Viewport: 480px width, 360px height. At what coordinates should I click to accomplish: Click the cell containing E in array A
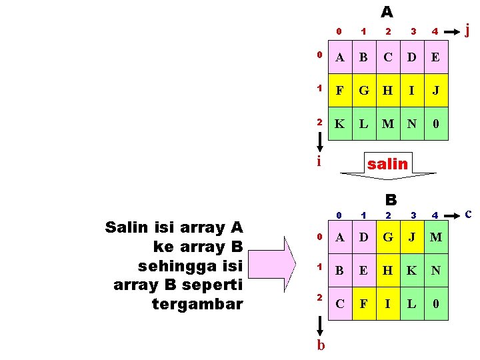coord(435,58)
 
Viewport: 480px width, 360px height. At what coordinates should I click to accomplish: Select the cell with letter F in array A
coord(340,91)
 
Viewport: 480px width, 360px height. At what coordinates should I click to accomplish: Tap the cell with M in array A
coord(388,123)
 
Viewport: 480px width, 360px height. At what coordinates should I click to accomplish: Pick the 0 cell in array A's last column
coord(435,123)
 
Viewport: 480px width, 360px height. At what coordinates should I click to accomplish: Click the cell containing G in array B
coord(388,238)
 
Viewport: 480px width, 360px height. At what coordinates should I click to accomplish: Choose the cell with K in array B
coord(412,271)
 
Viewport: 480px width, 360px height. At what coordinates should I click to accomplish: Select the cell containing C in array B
coord(340,303)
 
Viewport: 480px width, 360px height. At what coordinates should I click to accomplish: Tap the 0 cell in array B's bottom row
coord(435,303)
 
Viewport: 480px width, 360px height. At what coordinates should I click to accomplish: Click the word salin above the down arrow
coord(387,163)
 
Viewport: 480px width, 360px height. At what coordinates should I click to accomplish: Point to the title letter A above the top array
coord(387,12)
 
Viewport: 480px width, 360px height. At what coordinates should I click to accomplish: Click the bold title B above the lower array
coord(391,199)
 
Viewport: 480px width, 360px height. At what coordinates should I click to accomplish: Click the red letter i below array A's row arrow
coord(319,161)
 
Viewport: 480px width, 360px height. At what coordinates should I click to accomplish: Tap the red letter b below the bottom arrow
coord(321,345)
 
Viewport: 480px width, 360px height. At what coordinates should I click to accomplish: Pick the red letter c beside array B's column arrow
coord(469,213)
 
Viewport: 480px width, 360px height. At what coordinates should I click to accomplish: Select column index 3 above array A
coord(413,31)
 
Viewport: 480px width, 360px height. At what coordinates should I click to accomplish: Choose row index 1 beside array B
coord(320,266)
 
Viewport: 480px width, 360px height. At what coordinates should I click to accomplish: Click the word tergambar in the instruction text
coord(197,304)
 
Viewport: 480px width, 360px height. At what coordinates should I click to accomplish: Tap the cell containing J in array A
coord(435,91)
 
